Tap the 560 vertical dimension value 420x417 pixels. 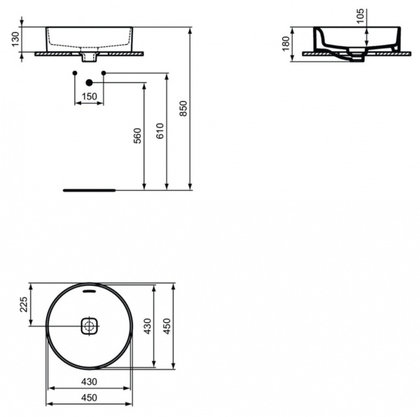click(137, 135)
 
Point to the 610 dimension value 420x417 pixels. click(160, 130)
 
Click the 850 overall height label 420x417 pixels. click(184, 108)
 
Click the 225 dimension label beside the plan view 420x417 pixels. click(23, 304)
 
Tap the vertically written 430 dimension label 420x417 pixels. click(147, 326)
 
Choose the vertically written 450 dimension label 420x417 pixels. click(167, 326)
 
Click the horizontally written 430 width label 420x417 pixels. click(89, 382)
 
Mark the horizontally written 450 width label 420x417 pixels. click(89, 397)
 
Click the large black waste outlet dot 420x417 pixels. click(89, 83)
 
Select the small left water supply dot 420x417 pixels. click(75, 73)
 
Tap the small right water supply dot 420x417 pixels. click(103, 73)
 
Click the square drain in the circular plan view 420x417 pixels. click(90, 325)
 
